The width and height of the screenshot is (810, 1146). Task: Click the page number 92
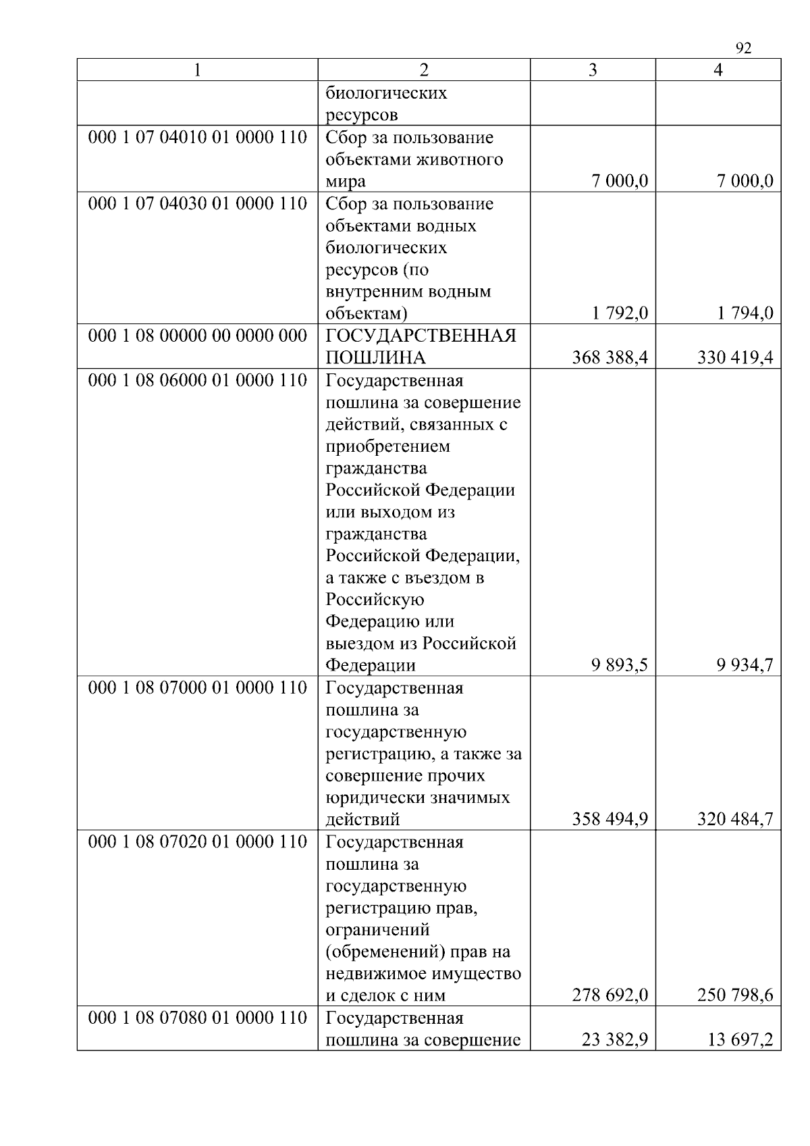click(742, 48)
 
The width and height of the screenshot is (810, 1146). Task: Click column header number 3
click(593, 70)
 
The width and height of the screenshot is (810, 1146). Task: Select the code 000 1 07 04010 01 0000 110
click(197, 138)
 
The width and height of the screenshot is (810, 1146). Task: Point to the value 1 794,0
click(745, 313)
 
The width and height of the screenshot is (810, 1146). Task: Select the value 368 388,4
click(610, 357)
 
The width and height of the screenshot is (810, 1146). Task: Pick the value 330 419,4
click(735, 357)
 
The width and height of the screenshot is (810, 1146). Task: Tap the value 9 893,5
click(619, 665)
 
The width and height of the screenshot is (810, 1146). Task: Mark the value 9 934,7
click(745, 665)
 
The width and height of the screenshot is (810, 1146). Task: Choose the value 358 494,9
click(610, 819)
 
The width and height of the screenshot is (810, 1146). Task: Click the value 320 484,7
click(735, 819)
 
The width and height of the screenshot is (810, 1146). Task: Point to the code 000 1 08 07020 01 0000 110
click(197, 842)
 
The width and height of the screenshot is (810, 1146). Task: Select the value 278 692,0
click(610, 995)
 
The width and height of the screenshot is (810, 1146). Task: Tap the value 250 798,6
click(735, 995)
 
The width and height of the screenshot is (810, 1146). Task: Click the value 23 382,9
click(614, 1040)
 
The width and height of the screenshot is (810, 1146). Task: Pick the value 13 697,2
click(740, 1040)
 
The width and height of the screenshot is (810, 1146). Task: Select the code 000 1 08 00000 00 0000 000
click(197, 336)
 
